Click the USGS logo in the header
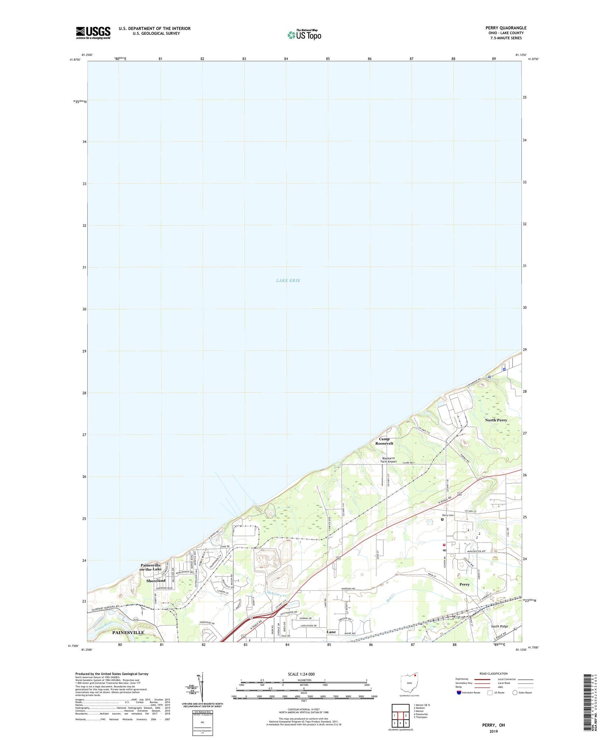(93, 33)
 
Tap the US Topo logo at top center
(304, 35)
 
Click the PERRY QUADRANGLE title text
(506, 28)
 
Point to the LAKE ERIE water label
(288, 281)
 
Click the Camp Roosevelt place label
(384, 441)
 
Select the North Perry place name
(496, 420)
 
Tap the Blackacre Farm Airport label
(389, 460)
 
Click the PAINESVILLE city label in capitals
(128, 632)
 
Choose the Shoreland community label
(156, 581)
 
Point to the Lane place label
(331, 632)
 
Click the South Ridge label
(499, 626)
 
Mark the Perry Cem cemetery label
(448, 515)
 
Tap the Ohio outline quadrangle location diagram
(409, 683)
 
